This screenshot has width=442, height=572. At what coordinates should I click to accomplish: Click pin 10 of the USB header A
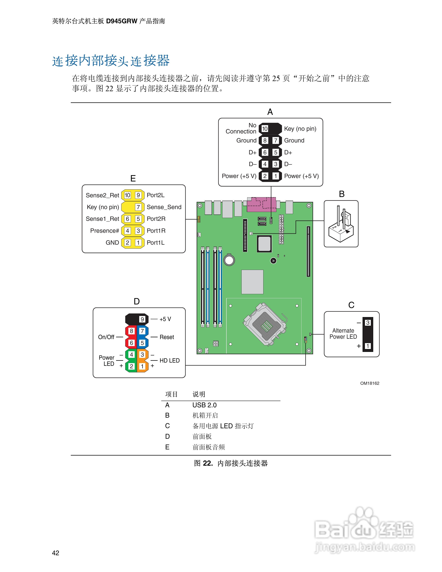[x=265, y=129]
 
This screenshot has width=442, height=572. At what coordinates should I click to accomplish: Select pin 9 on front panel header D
[x=142, y=319]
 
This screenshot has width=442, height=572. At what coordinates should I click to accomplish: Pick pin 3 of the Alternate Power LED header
[x=368, y=323]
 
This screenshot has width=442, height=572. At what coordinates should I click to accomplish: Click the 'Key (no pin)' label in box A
[x=300, y=129]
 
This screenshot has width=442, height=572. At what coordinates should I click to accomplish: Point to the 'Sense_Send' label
[x=164, y=207]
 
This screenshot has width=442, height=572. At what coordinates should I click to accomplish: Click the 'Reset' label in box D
[x=167, y=337]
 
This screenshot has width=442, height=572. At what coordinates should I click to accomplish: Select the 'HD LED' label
[x=169, y=361]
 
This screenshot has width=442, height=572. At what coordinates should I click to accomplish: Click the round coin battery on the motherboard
[x=229, y=260]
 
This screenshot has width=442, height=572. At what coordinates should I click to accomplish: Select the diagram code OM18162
[x=369, y=383]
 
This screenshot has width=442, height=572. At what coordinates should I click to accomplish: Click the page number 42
[x=55, y=553]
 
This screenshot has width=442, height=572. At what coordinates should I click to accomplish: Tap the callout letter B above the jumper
[x=341, y=194]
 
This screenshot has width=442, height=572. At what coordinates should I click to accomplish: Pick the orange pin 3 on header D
[x=142, y=355]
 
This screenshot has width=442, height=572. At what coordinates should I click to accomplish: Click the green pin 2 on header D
[x=131, y=366]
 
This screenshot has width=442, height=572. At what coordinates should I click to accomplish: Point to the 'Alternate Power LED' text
[x=343, y=334]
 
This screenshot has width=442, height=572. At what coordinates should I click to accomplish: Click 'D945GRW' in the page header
[x=122, y=21]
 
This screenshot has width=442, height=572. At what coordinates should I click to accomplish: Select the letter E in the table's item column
[x=167, y=447]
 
